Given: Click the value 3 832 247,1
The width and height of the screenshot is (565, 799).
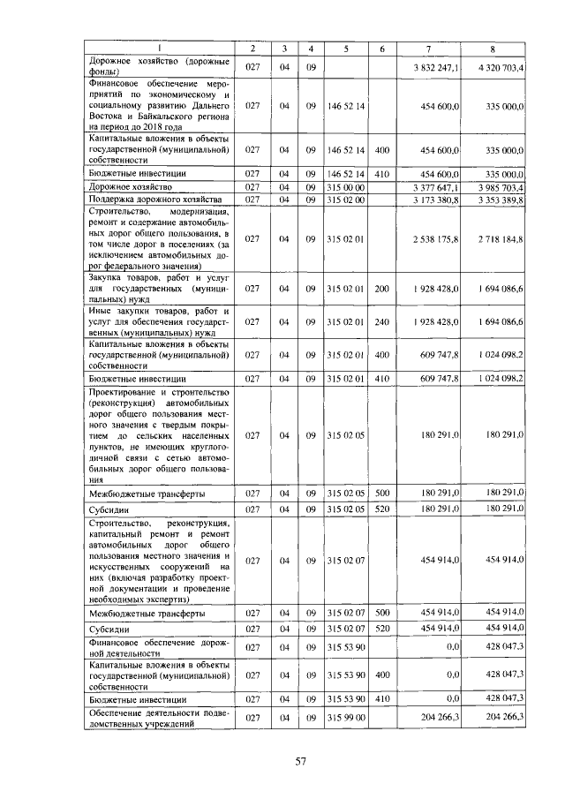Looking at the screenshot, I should click(435, 67).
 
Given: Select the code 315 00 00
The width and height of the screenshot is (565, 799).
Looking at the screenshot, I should click(346, 187).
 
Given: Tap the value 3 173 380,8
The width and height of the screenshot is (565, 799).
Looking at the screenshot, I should click(435, 200).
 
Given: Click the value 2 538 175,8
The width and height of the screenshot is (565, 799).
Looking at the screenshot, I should click(435, 238).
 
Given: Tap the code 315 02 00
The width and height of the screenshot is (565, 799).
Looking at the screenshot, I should click(346, 200).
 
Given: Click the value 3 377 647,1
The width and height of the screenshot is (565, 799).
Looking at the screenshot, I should click(435, 187).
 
